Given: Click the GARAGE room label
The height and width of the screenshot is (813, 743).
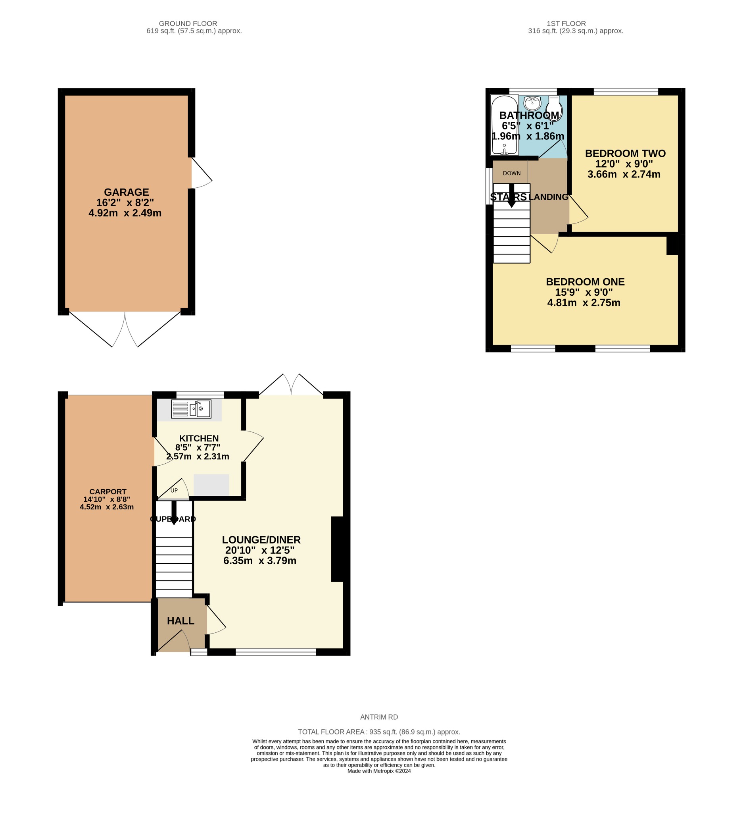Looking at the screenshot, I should coord(127,193).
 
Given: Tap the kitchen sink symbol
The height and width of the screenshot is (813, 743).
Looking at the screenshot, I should coord(191,409).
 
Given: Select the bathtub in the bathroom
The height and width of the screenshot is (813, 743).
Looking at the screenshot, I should coord(504,125).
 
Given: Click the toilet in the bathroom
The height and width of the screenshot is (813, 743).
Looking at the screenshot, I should coord(554,108).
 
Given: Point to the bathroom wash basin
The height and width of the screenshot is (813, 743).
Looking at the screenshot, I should coord(532,103).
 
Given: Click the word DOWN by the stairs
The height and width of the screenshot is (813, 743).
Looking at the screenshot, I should coord(512,173).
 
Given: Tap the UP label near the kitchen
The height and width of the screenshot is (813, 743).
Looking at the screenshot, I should coord(174,491).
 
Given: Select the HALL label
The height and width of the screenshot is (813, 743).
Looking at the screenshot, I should coord(180,621).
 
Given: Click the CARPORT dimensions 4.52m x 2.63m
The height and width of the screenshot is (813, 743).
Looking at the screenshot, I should coord(107,507).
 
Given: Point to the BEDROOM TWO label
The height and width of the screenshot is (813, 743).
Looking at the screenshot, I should coord(625,154).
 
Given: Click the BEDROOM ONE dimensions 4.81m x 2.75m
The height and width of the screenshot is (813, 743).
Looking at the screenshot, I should coord(584,303).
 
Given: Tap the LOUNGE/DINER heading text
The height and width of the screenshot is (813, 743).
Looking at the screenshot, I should coord(261,540).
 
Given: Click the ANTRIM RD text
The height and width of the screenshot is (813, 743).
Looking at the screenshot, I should coord(379,717).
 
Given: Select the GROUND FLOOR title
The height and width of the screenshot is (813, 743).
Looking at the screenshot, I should coord(188,24).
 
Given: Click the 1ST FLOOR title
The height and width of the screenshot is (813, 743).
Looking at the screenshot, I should coord(566,24).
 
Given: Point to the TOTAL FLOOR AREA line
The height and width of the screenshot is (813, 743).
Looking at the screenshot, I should coord(379,732).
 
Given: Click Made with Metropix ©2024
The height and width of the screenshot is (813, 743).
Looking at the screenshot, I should coord(379,771).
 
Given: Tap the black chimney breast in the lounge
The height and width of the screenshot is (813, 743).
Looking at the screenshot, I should coord(337,549).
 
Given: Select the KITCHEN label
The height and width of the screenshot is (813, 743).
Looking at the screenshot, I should coord(199,438).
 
